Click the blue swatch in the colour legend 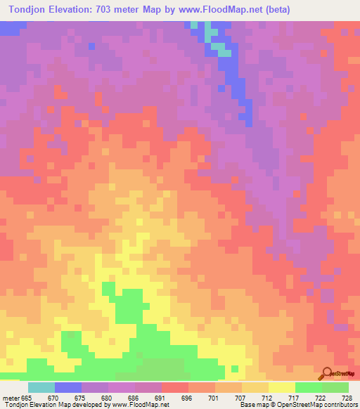(x=68, y=387)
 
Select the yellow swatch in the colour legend (x=282, y=387)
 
